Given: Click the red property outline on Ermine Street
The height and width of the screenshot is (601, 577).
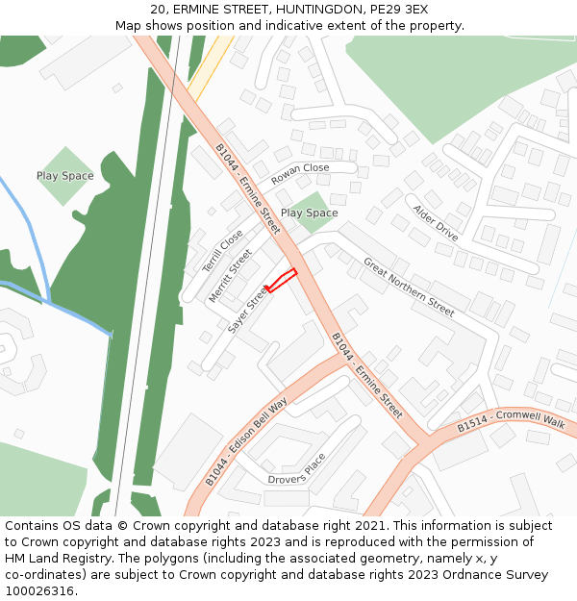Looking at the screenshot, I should pos(281,281).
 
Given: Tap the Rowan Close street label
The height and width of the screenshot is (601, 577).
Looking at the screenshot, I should pos(300,173).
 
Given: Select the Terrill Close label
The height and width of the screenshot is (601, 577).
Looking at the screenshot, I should pos(224,252).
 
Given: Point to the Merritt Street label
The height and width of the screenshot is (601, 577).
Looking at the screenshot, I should pos(231,276).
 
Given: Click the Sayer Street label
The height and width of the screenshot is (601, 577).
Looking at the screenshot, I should pos(247,310).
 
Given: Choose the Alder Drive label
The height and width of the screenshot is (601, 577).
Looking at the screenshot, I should pos(435,222).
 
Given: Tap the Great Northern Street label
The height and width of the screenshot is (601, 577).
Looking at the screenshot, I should pos(409,287).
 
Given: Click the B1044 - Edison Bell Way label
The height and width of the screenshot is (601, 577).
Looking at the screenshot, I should pos(246,441).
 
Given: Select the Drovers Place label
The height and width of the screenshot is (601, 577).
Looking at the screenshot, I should pos(297,467).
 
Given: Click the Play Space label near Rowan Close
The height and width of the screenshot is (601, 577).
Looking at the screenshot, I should pos(309,213).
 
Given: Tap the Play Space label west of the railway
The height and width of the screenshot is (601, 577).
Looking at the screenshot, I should pos(65,176).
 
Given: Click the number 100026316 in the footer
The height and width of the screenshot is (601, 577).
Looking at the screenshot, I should pos(39,590).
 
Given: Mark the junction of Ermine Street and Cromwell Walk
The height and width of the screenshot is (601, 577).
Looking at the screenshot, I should pos(424,443).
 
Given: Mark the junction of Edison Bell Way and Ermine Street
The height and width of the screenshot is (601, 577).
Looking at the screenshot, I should pos(341,353).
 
